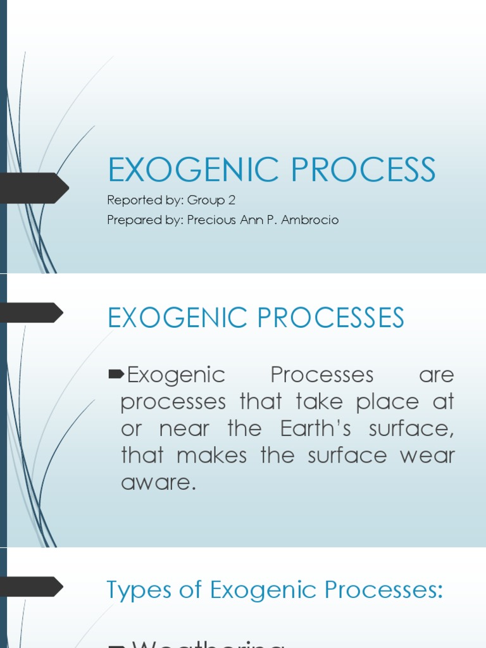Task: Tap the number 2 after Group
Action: pos(232,201)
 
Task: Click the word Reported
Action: pos(131,201)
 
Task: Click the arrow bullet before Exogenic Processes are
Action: pos(116,375)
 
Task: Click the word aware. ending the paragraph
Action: pos(156,483)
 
